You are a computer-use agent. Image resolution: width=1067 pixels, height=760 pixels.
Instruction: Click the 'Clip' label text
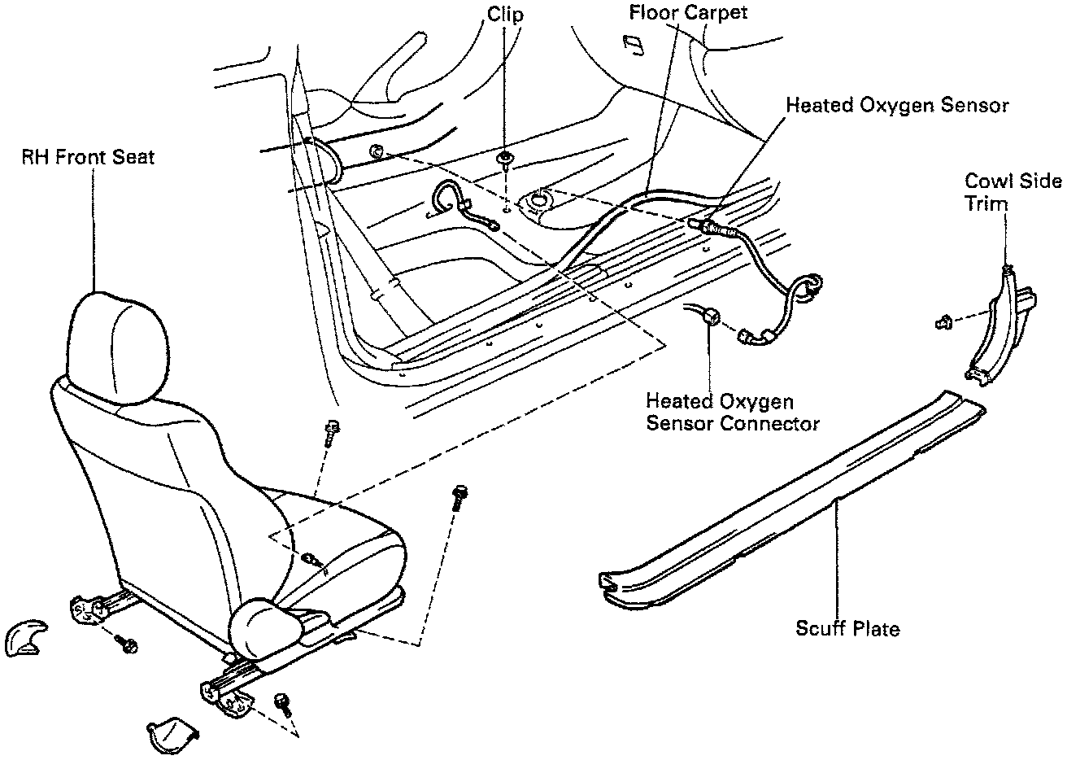pyautogui.click(x=506, y=15)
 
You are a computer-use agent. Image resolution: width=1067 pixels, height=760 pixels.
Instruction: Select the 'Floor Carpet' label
pyautogui.click(x=688, y=13)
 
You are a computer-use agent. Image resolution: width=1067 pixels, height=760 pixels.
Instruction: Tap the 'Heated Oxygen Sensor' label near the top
pyautogui.click(x=897, y=106)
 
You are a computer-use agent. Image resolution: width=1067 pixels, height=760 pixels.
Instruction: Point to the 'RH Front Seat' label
pyautogui.click(x=87, y=157)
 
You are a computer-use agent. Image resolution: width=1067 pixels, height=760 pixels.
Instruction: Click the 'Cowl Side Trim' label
pyautogui.click(x=1013, y=191)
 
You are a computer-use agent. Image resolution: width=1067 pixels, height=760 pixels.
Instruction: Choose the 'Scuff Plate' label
pyautogui.click(x=847, y=628)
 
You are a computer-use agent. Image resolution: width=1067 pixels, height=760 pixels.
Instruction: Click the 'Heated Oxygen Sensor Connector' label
pyautogui.click(x=732, y=412)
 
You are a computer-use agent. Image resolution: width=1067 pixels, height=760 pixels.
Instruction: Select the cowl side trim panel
pyautogui.click(x=1000, y=325)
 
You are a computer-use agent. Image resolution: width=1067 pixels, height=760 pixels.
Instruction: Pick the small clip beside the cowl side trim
pyautogui.click(x=945, y=322)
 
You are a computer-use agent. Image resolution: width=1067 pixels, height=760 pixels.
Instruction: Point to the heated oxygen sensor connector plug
pyautogui.click(x=713, y=317)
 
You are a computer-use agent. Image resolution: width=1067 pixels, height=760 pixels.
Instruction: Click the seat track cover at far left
pyautogui.click(x=23, y=638)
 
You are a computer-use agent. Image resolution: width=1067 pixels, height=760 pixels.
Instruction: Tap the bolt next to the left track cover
pyautogui.click(x=128, y=645)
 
